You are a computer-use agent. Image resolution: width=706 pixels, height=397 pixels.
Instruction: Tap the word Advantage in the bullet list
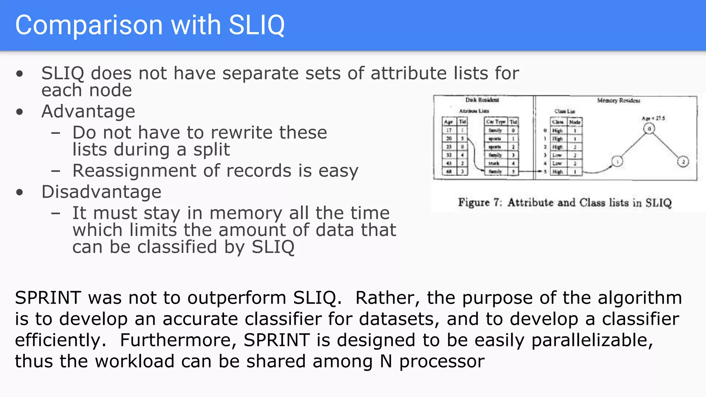(88, 111)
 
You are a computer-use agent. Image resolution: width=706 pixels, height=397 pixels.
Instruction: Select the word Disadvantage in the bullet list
(101, 192)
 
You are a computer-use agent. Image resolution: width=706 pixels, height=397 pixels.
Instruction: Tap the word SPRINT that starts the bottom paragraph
(48, 298)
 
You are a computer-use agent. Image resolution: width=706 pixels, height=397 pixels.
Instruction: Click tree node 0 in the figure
(649, 129)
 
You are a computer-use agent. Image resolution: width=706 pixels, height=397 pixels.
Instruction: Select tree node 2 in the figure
(683, 162)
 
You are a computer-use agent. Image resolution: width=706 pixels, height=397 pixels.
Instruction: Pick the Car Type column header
(496, 122)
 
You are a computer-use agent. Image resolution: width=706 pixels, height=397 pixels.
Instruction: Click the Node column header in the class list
(575, 122)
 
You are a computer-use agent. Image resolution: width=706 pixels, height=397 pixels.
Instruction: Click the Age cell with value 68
(449, 171)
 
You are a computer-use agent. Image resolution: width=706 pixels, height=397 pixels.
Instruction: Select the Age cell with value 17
(449, 131)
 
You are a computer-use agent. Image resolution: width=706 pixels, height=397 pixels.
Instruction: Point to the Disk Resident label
(482, 100)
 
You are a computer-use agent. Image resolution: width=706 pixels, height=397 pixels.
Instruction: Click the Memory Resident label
(618, 101)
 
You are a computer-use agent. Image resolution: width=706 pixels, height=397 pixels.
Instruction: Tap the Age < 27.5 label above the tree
(653, 119)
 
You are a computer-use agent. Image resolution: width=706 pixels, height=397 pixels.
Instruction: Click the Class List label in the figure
(564, 111)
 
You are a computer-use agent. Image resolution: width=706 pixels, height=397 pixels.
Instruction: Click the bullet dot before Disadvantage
(20, 192)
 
